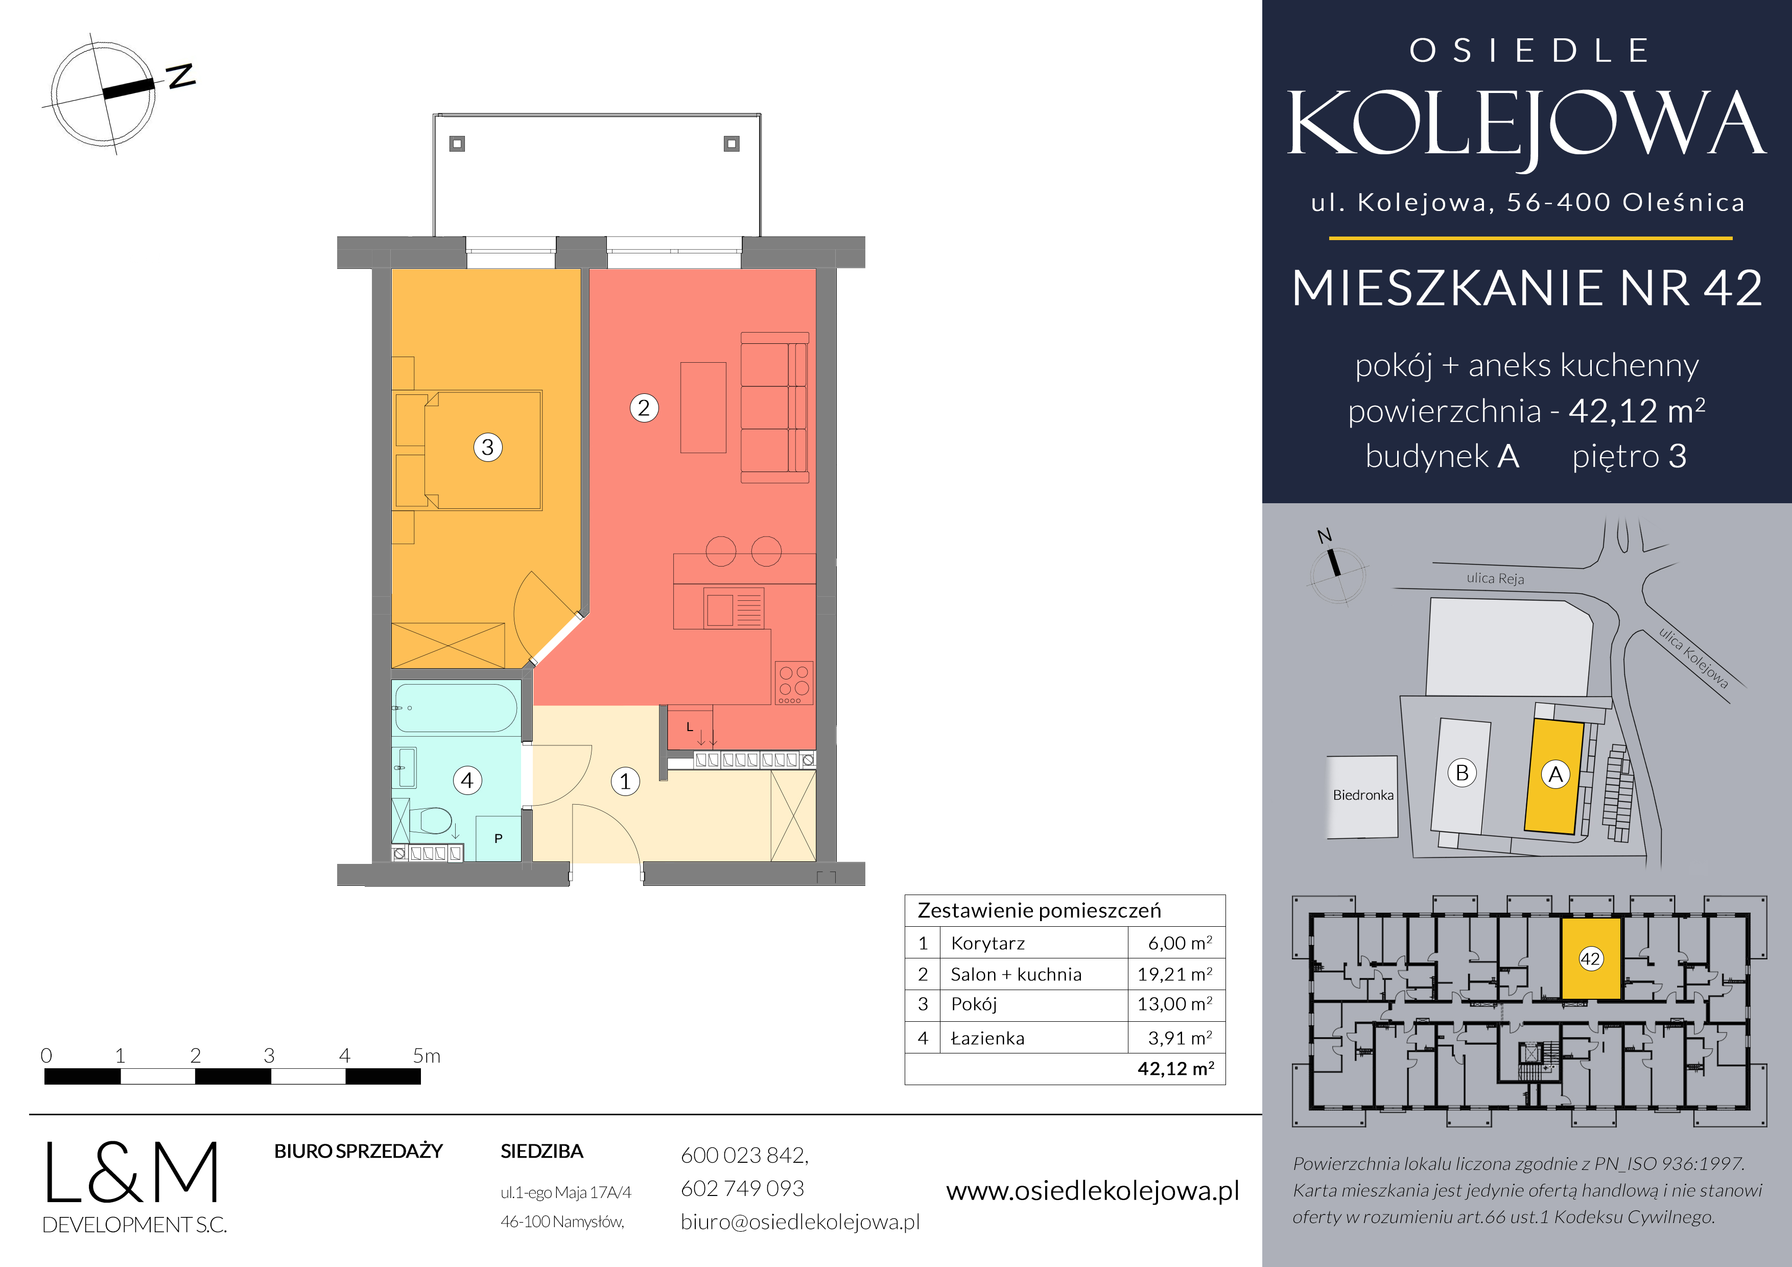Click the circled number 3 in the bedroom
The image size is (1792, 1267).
click(488, 448)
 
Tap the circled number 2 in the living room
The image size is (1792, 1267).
click(644, 408)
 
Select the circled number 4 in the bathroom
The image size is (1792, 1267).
click(467, 780)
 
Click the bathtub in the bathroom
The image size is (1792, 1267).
click(455, 707)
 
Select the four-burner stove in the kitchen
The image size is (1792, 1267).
click(794, 683)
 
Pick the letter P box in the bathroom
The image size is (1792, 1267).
click(498, 838)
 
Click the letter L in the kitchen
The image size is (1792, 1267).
click(689, 727)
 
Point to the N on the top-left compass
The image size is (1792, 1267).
click(181, 76)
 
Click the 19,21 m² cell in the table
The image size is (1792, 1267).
click(1174, 974)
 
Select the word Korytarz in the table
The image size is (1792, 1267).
click(987, 943)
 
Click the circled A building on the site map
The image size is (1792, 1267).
click(1555, 775)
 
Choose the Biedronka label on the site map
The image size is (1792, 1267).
click(1363, 795)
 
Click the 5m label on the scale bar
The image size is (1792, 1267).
click(426, 1056)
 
